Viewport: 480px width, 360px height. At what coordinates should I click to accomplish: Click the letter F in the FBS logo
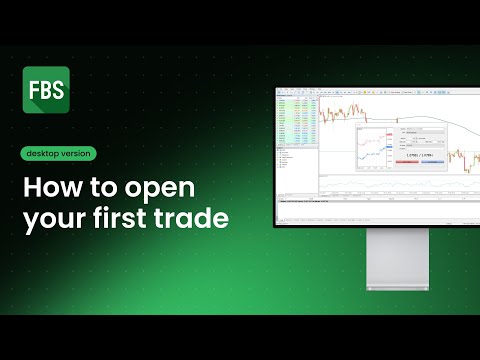pos(33,88)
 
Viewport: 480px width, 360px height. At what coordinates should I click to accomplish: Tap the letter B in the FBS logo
pos(44,88)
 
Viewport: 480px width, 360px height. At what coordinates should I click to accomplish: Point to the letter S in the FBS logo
pos(56,88)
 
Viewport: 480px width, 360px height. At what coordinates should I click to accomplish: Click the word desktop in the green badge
pos(46,153)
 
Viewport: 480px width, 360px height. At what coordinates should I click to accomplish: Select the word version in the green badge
pos(76,153)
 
